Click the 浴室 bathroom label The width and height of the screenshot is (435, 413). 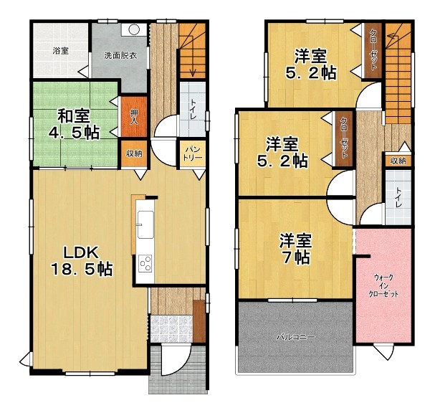[x=61, y=51]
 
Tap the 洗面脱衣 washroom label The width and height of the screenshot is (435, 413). [x=120, y=55]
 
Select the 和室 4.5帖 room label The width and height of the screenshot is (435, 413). [x=74, y=124]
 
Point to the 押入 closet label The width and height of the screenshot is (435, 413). [x=134, y=117]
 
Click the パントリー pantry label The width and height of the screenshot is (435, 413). [x=193, y=153]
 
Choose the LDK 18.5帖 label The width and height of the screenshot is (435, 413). [x=81, y=261]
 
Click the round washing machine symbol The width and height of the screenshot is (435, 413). [x=134, y=29]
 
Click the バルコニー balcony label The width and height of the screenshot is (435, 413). [x=296, y=337]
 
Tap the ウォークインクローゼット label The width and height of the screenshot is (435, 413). [x=383, y=285]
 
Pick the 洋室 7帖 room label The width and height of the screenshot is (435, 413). [x=296, y=249]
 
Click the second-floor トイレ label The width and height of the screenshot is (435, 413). [x=398, y=198]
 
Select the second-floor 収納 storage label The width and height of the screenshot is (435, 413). [x=398, y=161]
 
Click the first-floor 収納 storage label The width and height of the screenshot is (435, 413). [x=134, y=153]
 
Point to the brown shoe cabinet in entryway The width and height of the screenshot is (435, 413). [x=199, y=321]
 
